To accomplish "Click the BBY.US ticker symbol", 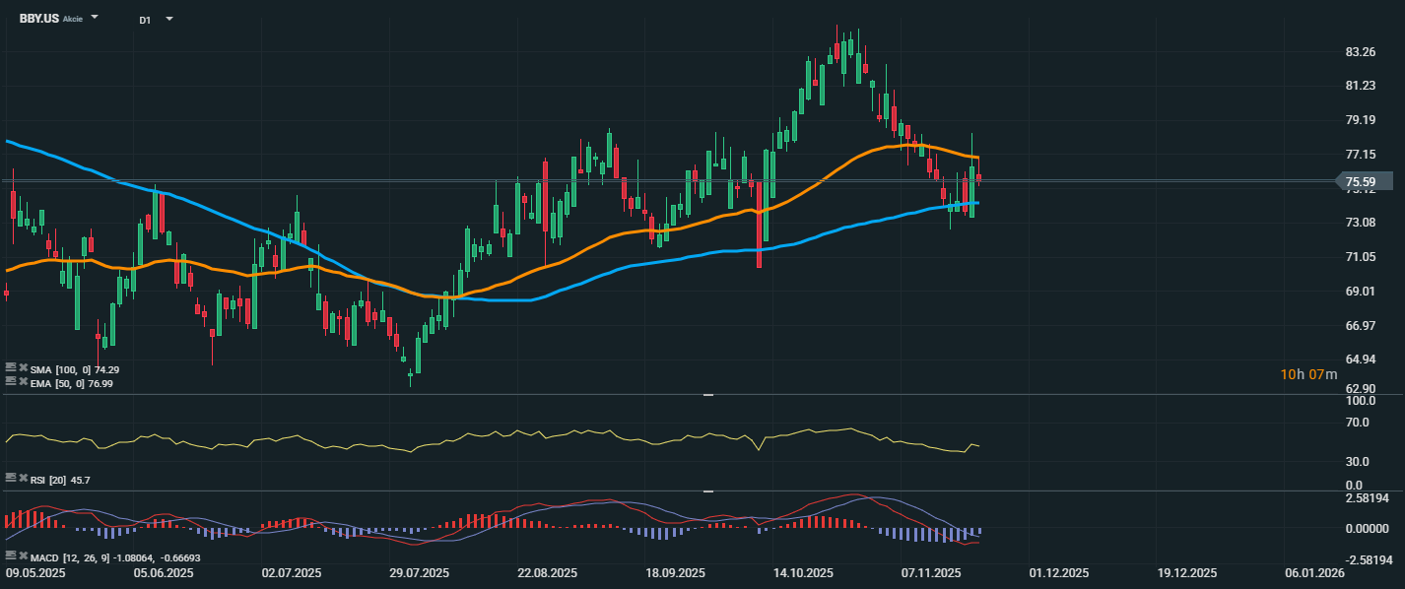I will click(38, 19).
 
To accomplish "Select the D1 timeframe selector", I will click(145, 20).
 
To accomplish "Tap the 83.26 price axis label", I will click(1360, 51).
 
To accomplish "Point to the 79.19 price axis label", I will click(1360, 120).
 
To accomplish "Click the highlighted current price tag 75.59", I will click(1364, 181).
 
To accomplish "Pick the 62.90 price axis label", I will click(1360, 389).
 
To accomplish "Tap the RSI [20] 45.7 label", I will click(60, 480).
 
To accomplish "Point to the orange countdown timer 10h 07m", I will click(1308, 374).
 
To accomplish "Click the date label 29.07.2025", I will click(420, 573).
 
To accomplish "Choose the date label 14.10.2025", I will click(804, 573).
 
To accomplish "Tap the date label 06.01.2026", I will click(1312, 573).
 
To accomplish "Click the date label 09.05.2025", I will click(37, 573).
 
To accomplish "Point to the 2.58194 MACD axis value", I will click(1366, 499).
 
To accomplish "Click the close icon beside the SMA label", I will click(23, 368).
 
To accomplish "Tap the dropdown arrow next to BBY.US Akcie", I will click(95, 18).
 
